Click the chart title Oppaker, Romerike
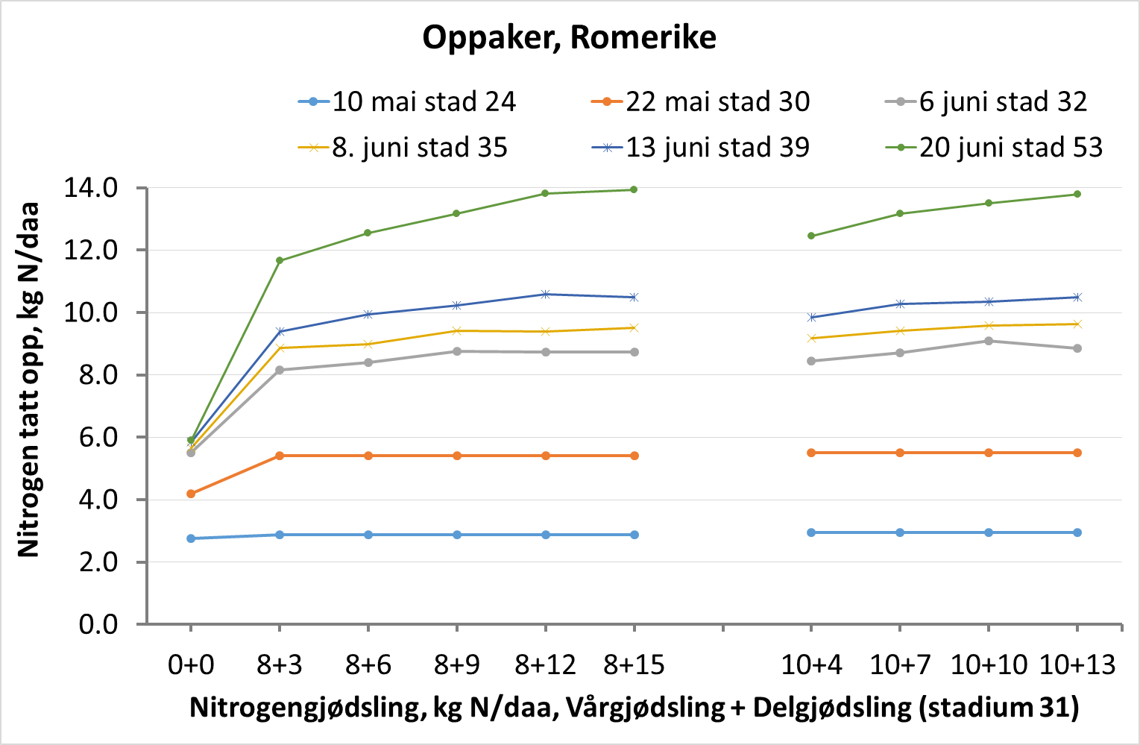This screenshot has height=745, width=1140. point(569,37)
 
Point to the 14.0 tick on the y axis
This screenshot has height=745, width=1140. point(91,188)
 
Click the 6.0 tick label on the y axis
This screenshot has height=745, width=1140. point(98,437)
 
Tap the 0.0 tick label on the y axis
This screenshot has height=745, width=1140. point(98,623)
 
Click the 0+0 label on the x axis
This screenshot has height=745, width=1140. point(191,664)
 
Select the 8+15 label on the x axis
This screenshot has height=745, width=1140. point(634,664)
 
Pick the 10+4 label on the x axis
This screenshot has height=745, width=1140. point(811,664)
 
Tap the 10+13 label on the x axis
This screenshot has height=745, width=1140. point(1077,664)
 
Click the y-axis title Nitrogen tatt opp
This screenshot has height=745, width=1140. point(28,380)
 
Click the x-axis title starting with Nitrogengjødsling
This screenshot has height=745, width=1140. point(634,707)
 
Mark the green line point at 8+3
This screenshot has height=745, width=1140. point(280,260)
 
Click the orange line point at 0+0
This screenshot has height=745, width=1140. point(191,494)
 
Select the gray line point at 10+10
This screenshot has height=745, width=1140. point(989,341)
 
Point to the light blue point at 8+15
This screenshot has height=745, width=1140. point(634,535)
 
